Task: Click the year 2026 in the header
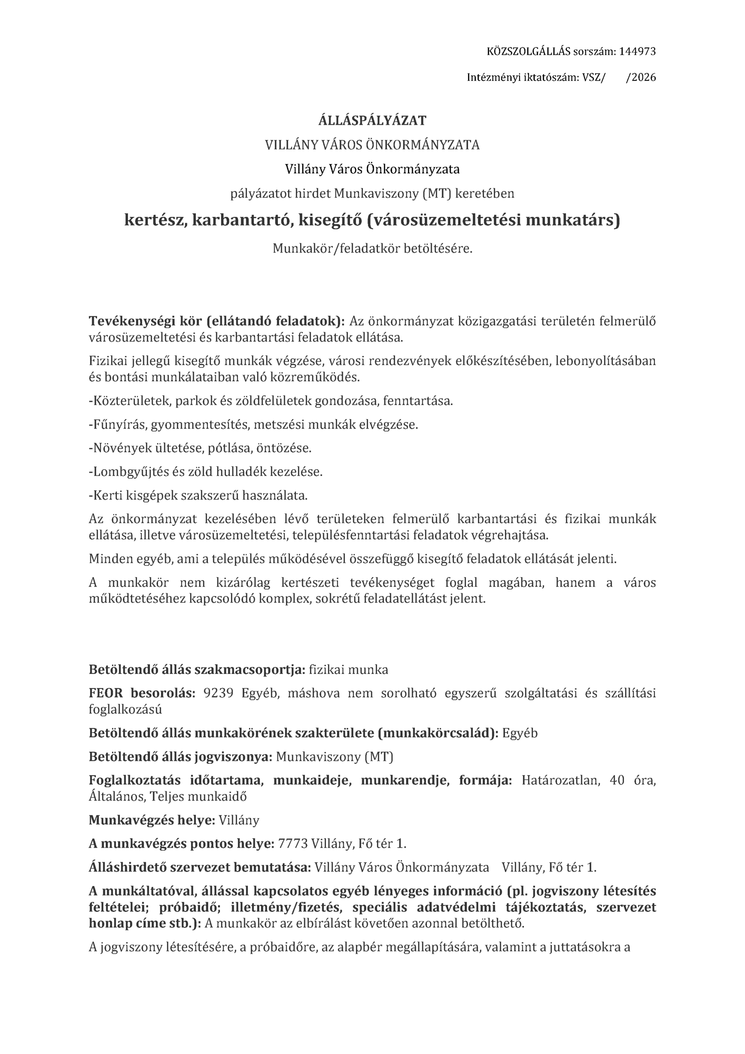pos(643,77)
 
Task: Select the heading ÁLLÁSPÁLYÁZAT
pos(372,121)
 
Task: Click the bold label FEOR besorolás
pos(142,693)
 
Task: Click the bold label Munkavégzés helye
pos(151,820)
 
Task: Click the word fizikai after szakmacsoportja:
pos(327,670)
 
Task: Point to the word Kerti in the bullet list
pos(104,495)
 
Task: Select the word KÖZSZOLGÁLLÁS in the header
pos(527,51)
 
